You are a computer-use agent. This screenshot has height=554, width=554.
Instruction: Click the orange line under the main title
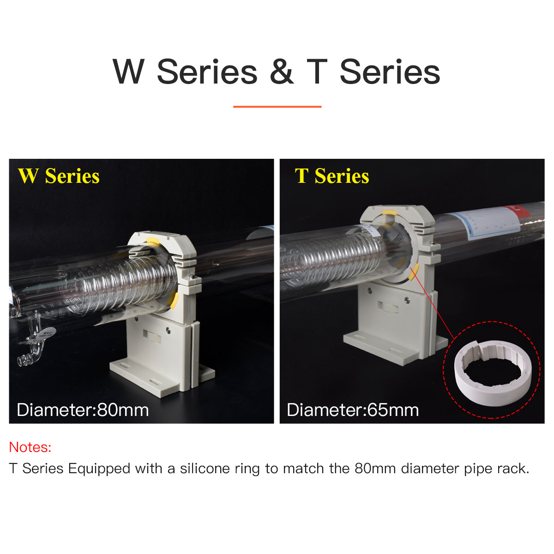[x=277, y=107]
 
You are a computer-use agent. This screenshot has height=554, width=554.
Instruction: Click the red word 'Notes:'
[x=30, y=447]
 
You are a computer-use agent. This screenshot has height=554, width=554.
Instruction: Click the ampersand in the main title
[x=282, y=71]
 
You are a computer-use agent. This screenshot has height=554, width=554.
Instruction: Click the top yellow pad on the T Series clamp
[x=389, y=213]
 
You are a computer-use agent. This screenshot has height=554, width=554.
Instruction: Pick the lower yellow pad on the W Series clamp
[x=174, y=301]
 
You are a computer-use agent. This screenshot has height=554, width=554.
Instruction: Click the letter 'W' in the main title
[x=128, y=71]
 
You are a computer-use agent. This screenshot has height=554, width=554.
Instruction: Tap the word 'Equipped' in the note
[x=99, y=470]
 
